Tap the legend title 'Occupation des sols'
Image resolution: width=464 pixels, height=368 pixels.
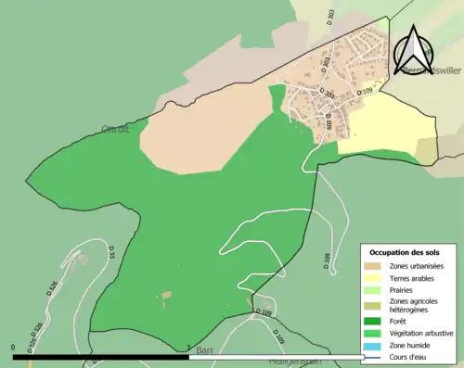[x=405, y=252]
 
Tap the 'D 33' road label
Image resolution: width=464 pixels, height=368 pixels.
[x=110, y=250]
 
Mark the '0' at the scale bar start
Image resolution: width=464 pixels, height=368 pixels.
[x=14, y=349]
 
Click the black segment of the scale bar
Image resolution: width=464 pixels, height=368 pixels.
[x=101, y=357]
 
